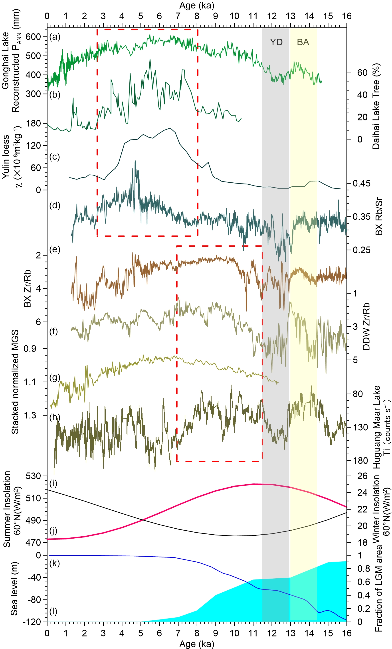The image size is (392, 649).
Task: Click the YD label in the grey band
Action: [x=276, y=42]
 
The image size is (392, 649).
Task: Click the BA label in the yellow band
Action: [x=303, y=42]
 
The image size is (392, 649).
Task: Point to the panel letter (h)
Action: [x=55, y=417]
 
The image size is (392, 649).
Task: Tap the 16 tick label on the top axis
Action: [x=347, y=16]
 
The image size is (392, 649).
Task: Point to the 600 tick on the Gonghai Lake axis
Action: [x=33, y=37]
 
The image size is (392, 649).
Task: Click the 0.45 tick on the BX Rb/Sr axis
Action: [x=361, y=183]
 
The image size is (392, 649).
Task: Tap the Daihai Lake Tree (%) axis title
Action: [x=376, y=106]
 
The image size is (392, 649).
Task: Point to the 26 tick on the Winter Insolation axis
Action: [x=362, y=476]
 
